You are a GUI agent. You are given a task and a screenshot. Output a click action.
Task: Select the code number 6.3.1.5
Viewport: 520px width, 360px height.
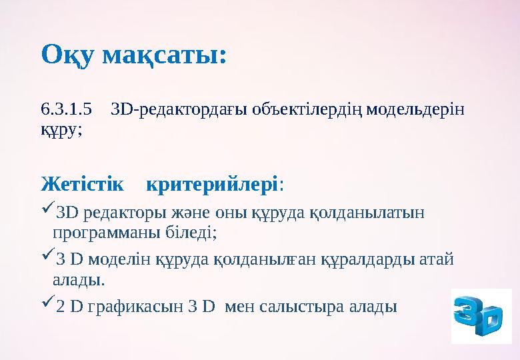(x=65, y=108)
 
